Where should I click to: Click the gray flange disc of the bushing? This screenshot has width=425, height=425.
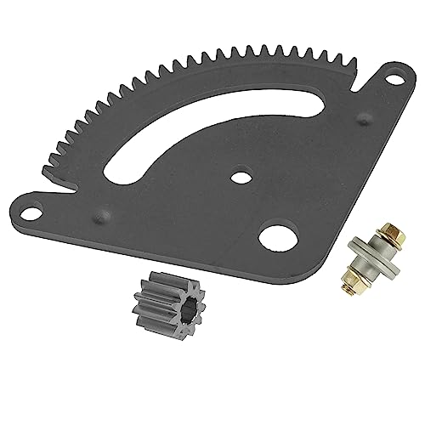371,265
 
